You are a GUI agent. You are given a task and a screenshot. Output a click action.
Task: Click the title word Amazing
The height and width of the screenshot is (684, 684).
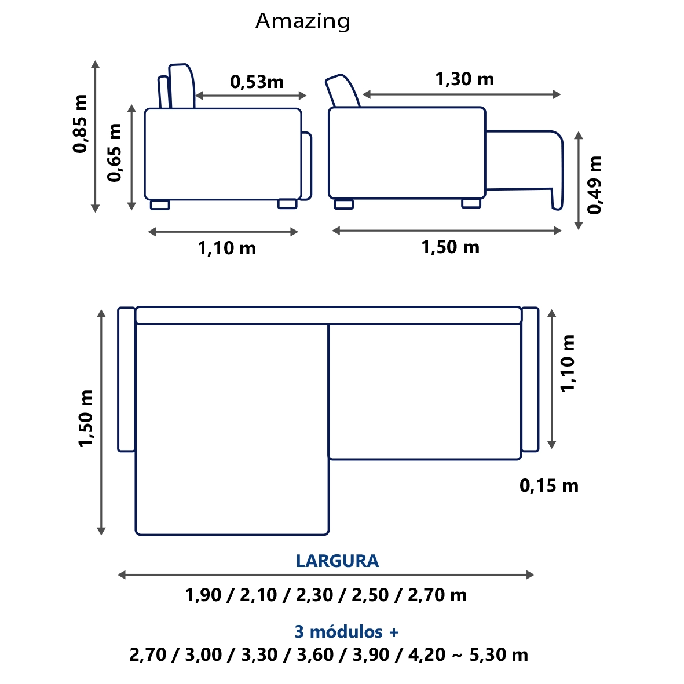[303, 21]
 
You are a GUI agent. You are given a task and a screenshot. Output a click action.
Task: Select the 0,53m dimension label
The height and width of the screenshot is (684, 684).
[257, 82]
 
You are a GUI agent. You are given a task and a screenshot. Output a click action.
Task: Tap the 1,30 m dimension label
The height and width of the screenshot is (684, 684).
[464, 79]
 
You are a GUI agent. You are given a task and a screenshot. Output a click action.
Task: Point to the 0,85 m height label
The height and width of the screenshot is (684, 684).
[81, 123]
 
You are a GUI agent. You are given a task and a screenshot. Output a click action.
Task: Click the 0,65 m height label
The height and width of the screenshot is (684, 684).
[115, 152]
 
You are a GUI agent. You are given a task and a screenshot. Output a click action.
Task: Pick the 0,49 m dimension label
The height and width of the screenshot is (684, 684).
[594, 185]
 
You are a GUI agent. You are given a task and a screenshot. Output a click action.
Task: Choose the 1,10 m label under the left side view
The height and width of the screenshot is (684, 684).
[227, 248]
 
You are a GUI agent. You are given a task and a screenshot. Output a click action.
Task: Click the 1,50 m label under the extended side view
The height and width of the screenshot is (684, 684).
[450, 247]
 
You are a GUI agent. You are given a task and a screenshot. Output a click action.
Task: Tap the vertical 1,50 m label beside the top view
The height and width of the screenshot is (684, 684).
[86, 418]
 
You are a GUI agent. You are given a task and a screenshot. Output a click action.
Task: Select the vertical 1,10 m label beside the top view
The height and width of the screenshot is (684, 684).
[568, 363]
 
